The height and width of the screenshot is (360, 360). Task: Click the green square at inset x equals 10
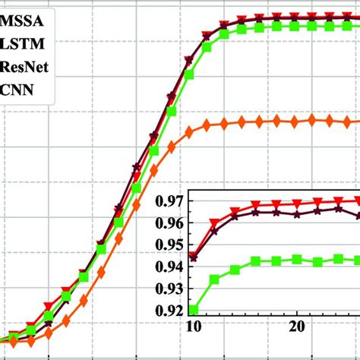click(194, 310)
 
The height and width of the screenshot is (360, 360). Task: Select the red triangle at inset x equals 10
click(194, 256)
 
